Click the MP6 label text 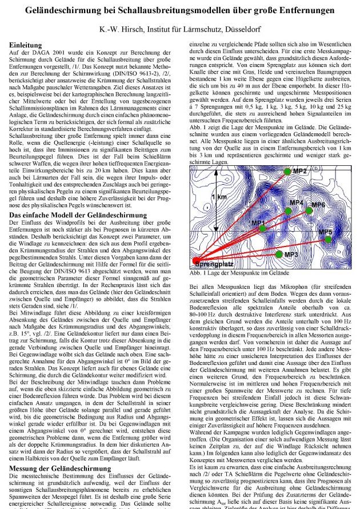(x=318, y=205)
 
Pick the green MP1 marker (x=262, y=228)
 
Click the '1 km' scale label (x=221, y=197)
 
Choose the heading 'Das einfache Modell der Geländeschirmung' (x=78, y=215)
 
